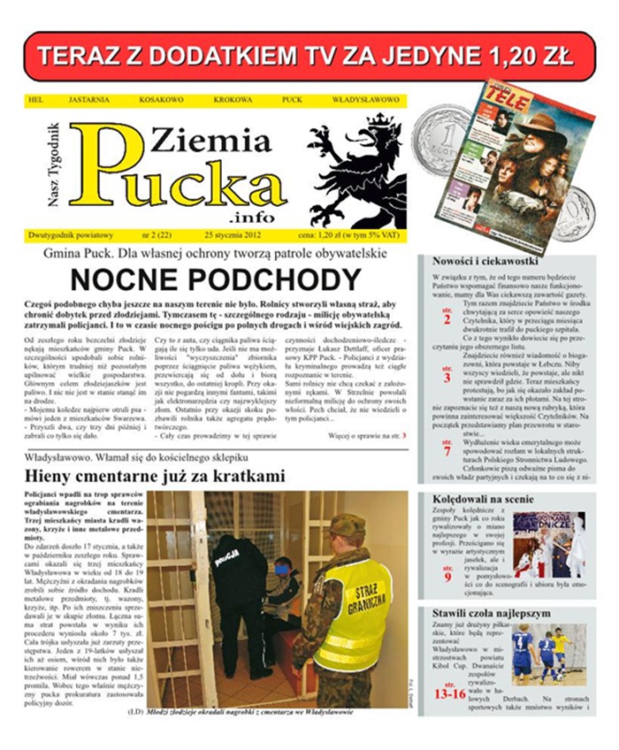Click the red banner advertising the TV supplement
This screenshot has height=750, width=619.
click(309, 56)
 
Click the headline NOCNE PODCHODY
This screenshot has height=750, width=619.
click(215, 280)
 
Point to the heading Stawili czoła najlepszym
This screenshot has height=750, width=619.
click(491, 613)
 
